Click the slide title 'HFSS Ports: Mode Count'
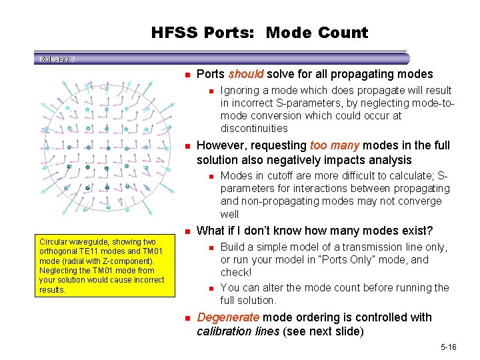(x=259, y=33)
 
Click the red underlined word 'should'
(x=245, y=74)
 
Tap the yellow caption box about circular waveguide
(x=101, y=266)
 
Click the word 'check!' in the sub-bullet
(x=236, y=273)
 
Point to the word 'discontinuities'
(x=254, y=128)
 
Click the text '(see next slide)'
(x=321, y=331)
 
